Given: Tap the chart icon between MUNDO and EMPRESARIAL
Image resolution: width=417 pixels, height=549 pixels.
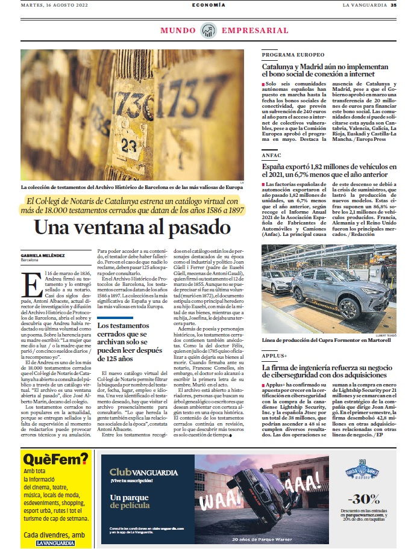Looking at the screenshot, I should pyautogui.click(x=208, y=30).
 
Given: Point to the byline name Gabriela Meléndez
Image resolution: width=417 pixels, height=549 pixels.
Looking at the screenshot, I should pyautogui.click(x=42, y=255).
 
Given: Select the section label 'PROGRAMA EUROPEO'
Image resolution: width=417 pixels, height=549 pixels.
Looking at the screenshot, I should pyautogui.click(x=284, y=55).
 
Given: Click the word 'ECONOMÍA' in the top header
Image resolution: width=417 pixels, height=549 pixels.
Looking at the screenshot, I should pyautogui.click(x=208, y=5).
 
